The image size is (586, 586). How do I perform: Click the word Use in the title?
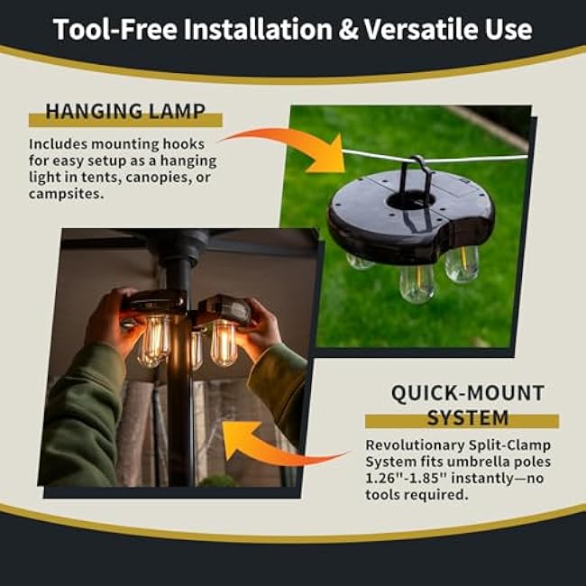pyautogui.click(x=508, y=29)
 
